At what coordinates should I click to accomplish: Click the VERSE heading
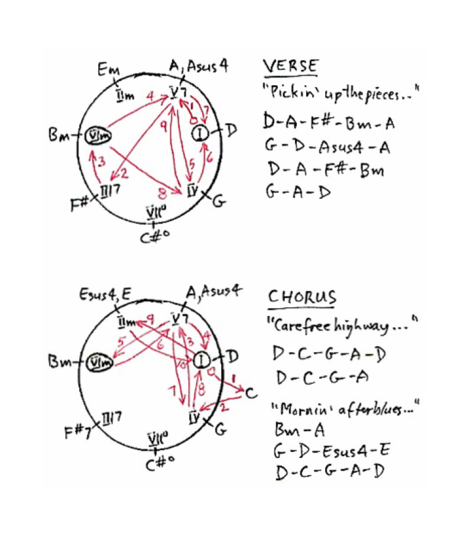[290, 67]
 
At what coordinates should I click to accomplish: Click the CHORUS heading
[302, 296]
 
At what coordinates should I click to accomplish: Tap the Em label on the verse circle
[109, 72]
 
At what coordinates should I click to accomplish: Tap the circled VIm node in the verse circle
[96, 135]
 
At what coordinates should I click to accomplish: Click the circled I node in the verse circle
[201, 134]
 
